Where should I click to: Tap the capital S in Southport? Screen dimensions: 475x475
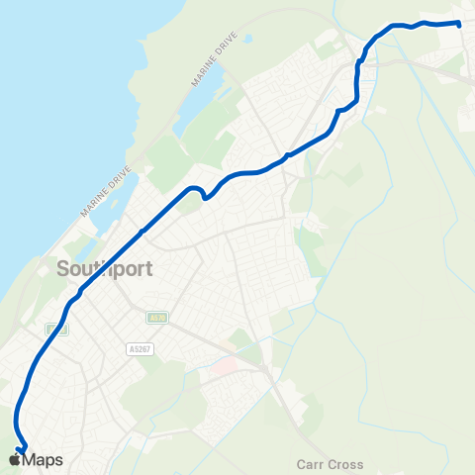point(64,268)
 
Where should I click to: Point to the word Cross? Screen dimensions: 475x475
point(345,464)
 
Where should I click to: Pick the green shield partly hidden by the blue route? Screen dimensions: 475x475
point(55,329)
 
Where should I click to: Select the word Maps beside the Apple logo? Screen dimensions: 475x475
point(43,460)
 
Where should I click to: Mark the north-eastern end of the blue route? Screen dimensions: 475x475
point(460,23)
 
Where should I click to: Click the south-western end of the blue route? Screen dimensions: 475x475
point(22,449)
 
